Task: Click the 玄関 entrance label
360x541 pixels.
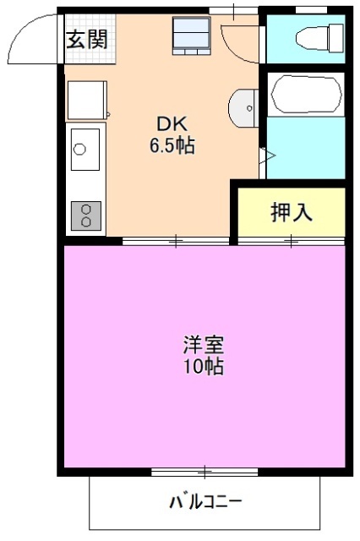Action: coord(87,38)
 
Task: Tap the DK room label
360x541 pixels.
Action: coord(172,123)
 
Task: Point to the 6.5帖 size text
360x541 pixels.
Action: coord(172,145)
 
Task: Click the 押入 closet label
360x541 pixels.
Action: coord(292,212)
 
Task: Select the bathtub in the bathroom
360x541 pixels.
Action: coord(306,92)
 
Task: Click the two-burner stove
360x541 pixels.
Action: coord(85,216)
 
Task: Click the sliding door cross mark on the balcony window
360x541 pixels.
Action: coord(205,469)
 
